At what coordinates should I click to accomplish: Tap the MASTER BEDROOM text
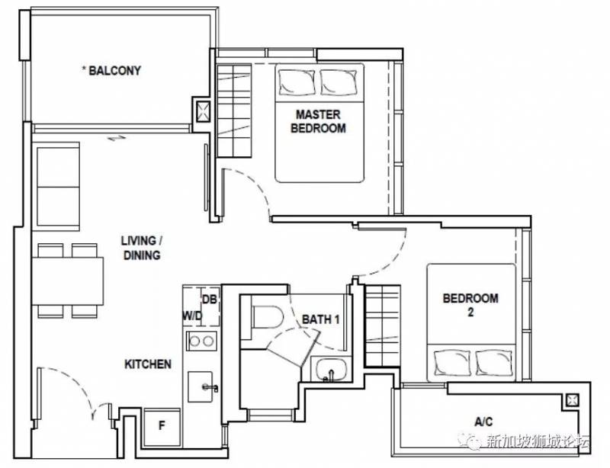pyautogui.click(x=318, y=121)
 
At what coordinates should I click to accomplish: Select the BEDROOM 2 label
pyautogui.click(x=470, y=305)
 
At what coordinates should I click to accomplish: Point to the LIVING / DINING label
pyautogui.click(x=142, y=248)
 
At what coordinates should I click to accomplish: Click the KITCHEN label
pyautogui.click(x=148, y=364)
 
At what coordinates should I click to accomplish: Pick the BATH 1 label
pyautogui.click(x=320, y=319)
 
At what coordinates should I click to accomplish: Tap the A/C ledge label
pyautogui.click(x=483, y=422)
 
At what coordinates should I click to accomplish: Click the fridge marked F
pyautogui.click(x=162, y=427)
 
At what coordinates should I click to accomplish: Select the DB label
pyautogui.click(x=210, y=300)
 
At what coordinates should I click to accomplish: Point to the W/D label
pyautogui.click(x=192, y=316)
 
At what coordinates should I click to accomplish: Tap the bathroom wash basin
pyautogui.click(x=331, y=370)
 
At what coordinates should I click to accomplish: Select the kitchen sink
pyautogui.click(x=201, y=386)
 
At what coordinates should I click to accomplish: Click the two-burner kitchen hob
pyautogui.click(x=201, y=341)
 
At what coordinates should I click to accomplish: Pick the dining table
pyautogui.click(x=68, y=281)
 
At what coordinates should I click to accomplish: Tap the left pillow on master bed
pyautogui.click(x=297, y=83)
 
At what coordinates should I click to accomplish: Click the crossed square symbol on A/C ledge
pyautogui.click(x=573, y=400)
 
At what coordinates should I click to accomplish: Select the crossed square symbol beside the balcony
pyautogui.click(x=203, y=111)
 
